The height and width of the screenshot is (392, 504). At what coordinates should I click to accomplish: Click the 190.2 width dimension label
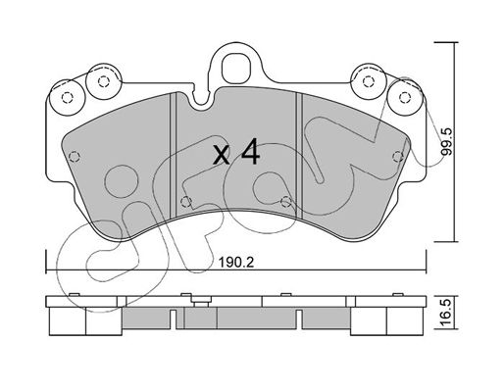tap(236, 263)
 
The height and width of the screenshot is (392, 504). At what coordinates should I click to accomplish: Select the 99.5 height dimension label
tap(446, 141)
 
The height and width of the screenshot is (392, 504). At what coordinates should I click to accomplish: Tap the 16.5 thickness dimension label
tap(447, 312)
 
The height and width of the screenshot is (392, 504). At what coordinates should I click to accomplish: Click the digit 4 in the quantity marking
tap(250, 151)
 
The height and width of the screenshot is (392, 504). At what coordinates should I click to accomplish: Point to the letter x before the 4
tap(222, 155)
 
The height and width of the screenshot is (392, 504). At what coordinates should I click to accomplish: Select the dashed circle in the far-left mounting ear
tap(67, 98)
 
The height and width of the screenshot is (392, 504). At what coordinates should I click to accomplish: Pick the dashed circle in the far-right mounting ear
tap(405, 97)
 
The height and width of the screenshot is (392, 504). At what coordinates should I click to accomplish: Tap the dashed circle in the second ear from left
tap(104, 81)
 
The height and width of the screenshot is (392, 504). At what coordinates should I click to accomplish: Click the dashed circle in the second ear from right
tap(369, 81)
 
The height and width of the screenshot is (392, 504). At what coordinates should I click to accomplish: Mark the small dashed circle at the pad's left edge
tap(75, 157)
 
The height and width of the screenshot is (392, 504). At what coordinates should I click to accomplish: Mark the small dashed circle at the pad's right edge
tap(398, 157)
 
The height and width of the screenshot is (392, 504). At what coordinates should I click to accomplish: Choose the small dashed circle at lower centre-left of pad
tap(186, 202)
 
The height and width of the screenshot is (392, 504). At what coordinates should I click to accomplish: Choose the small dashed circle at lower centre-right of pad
tap(286, 202)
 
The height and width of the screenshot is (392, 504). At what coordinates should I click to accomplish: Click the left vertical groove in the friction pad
tap(174, 155)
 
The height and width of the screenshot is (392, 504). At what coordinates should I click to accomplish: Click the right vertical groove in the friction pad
tap(299, 155)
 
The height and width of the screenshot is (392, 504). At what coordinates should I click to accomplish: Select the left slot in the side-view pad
tap(174, 319)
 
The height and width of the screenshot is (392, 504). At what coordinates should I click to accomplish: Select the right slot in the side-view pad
tap(299, 319)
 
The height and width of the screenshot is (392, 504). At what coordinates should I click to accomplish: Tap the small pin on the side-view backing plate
tap(201, 302)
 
